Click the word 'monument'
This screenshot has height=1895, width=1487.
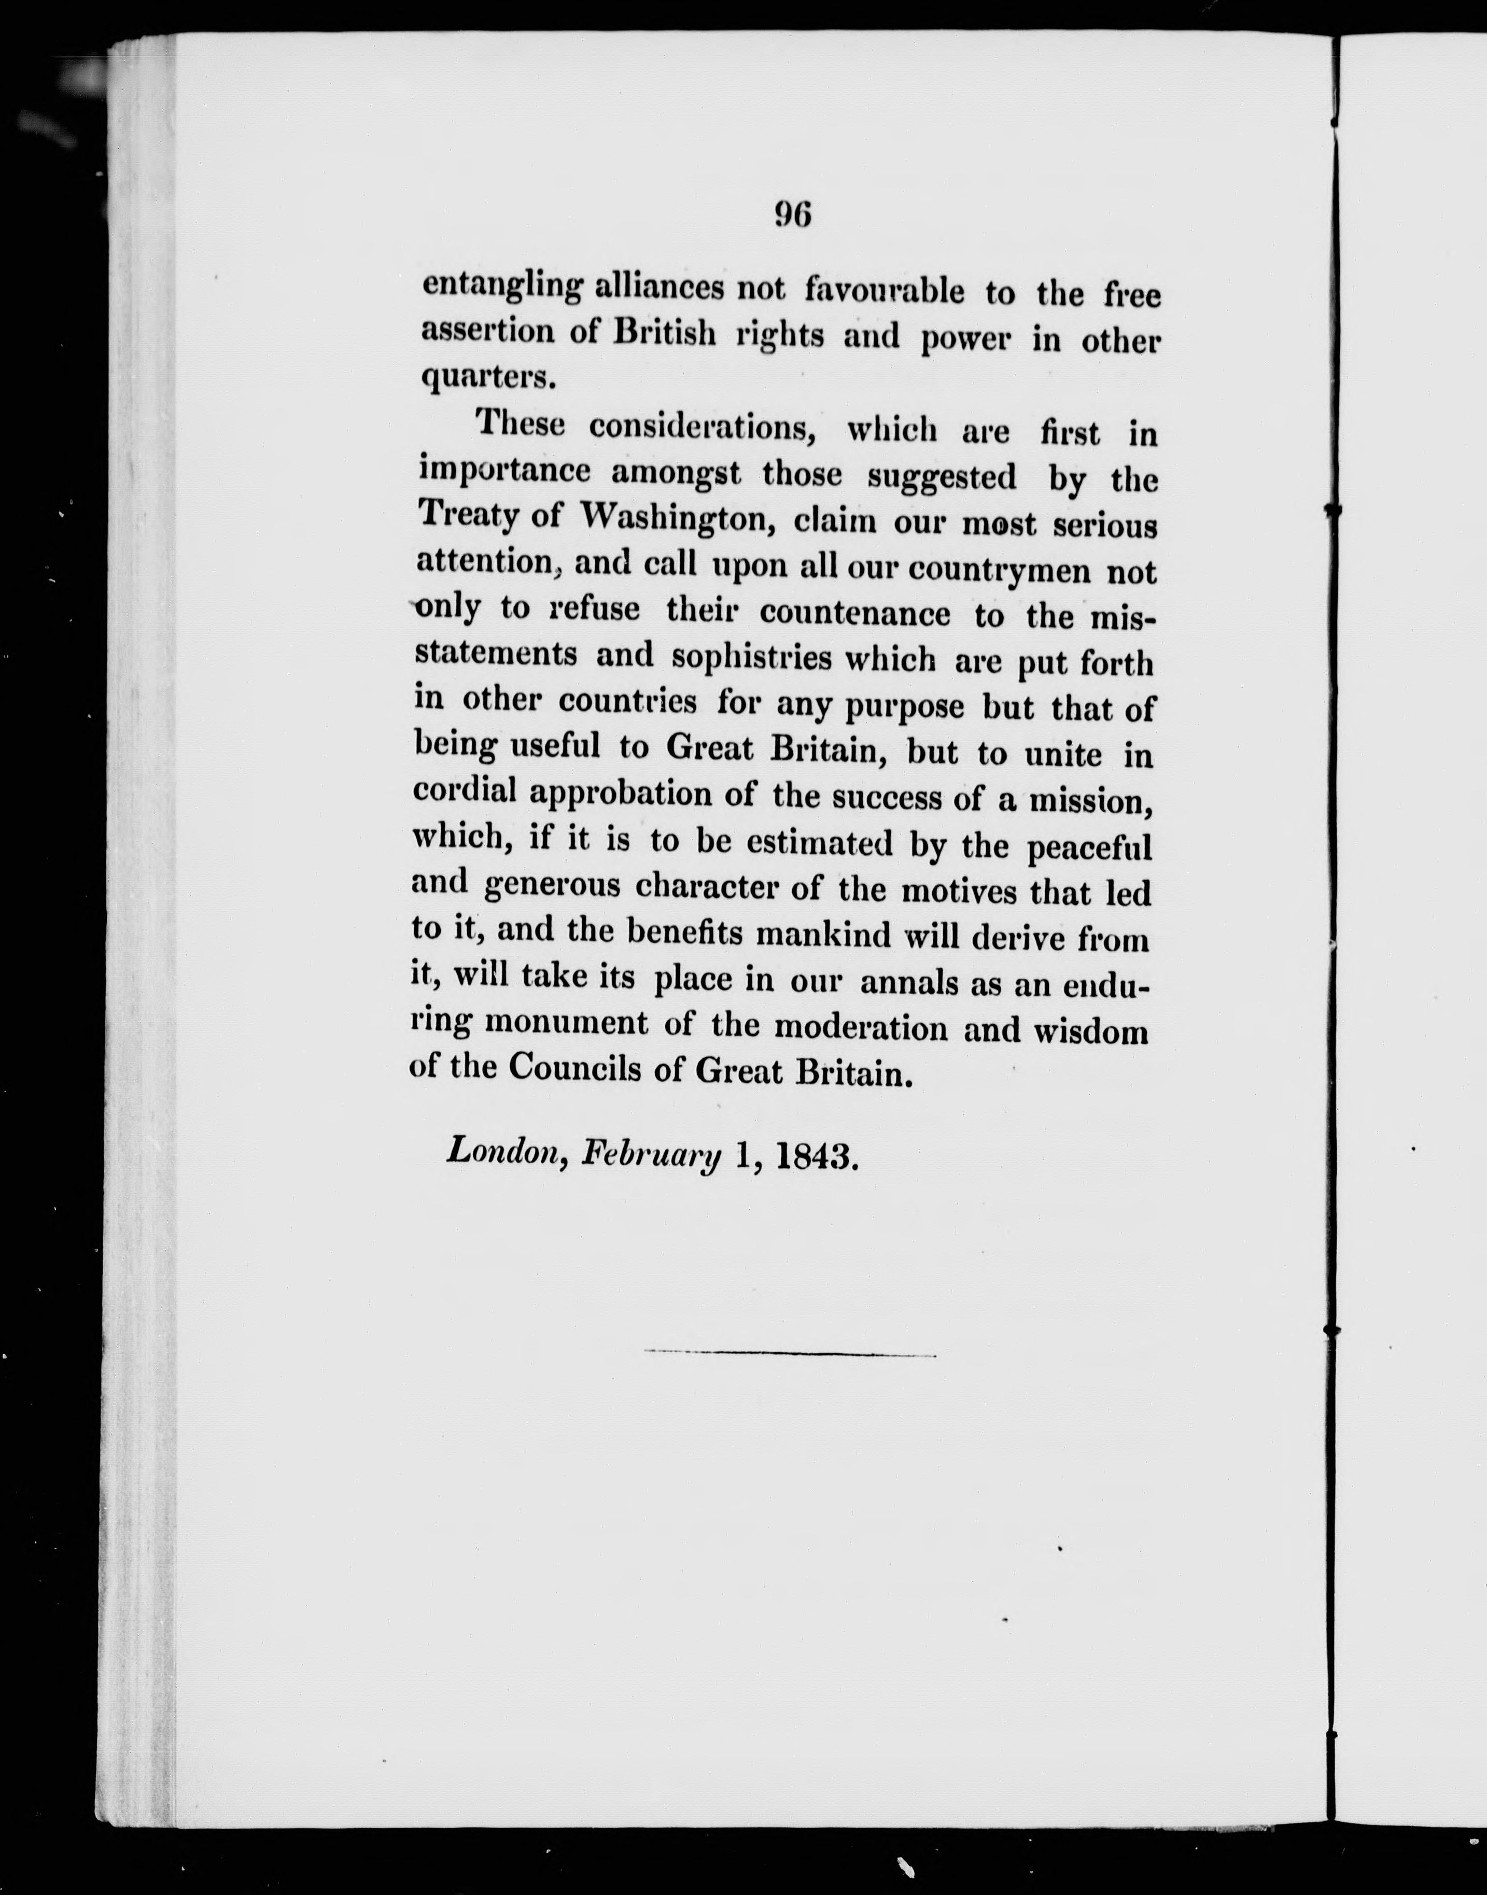coord(565,1023)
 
